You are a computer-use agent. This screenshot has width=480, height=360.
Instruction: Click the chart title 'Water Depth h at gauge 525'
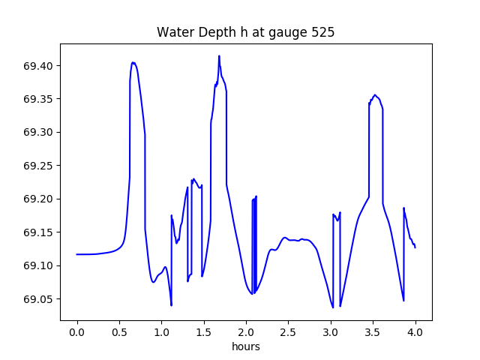pos(245,32)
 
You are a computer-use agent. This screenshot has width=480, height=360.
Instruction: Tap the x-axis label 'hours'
pos(245,346)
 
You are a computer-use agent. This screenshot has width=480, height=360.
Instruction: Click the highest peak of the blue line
pos(219,56)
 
